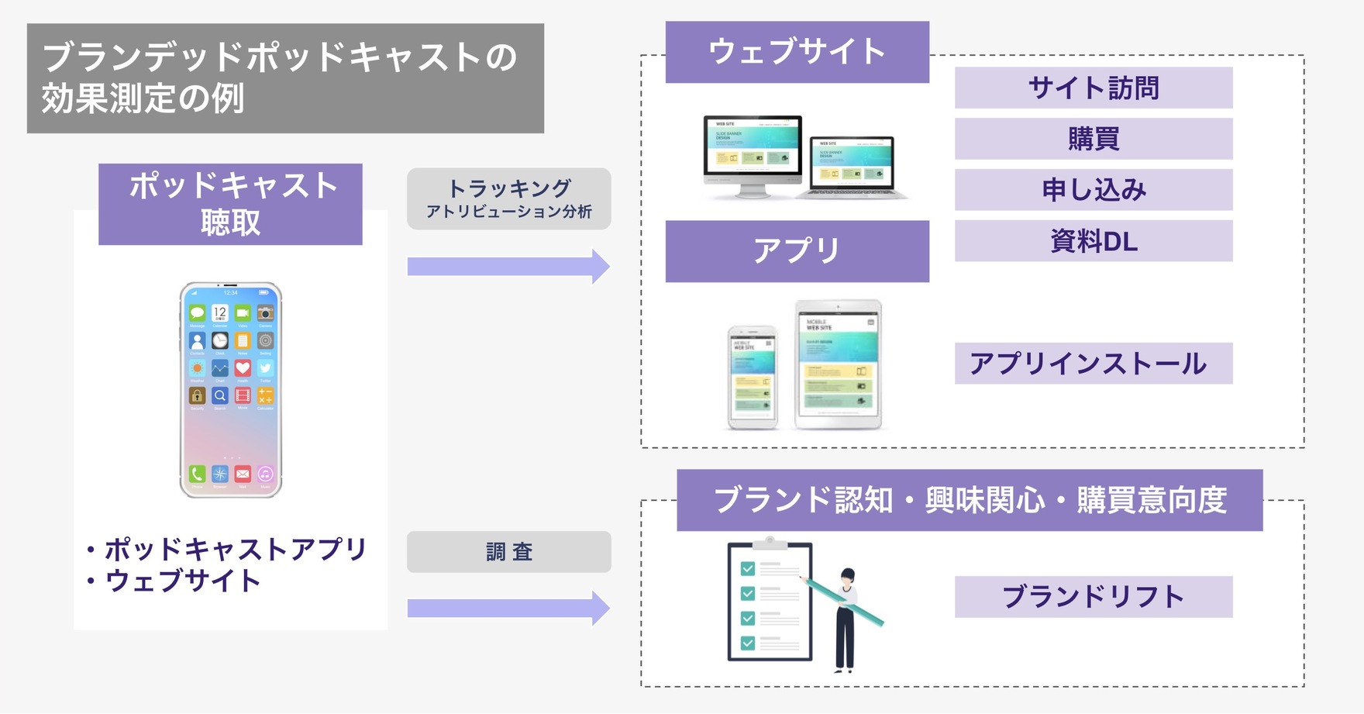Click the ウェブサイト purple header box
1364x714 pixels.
click(x=797, y=52)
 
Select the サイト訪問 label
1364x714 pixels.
click(x=1093, y=88)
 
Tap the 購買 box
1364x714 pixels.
click(x=1093, y=139)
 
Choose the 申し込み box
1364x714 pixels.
click(x=1093, y=190)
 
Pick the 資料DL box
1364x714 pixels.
click(x=1093, y=241)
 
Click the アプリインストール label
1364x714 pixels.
click(x=1093, y=364)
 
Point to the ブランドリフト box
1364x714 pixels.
click(x=1093, y=597)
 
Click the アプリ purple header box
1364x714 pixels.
click(x=797, y=251)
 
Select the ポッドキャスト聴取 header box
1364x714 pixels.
click(x=230, y=204)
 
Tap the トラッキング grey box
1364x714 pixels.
click(x=508, y=198)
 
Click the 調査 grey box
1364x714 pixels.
click(x=508, y=552)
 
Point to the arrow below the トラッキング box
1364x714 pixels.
click(x=508, y=267)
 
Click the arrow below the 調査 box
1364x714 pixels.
click(x=508, y=609)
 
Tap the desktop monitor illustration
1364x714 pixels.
click(x=752, y=153)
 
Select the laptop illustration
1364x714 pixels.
click(x=852, y=167)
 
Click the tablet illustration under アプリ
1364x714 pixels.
click(x=838, y=364)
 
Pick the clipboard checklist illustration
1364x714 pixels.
click(x=769, y=602)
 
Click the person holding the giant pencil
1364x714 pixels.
click(x=846, y=619)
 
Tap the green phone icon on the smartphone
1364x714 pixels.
click(x=198, y=474)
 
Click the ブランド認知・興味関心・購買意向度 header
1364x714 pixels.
click(x=969, y=500)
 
